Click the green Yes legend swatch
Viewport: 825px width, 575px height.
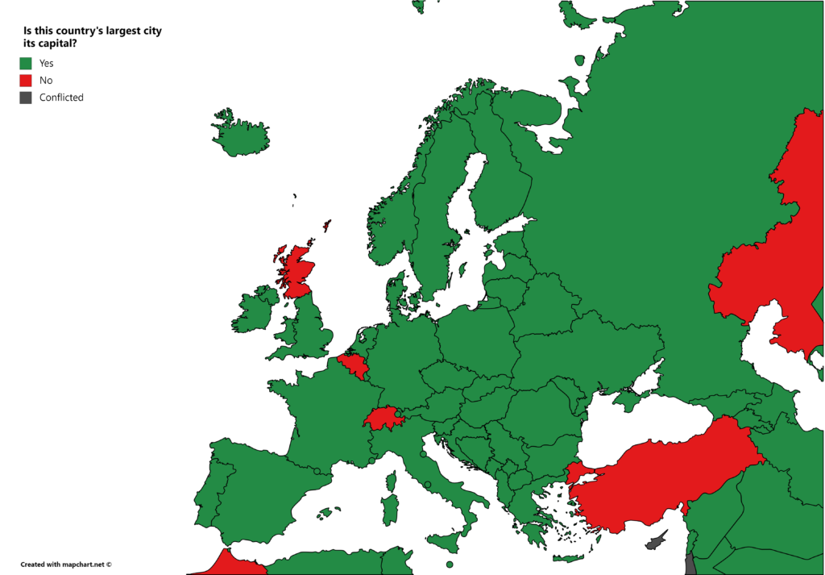point(26,63)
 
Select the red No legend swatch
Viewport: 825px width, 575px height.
point(26,80)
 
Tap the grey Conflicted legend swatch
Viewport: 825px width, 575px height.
point(26,98)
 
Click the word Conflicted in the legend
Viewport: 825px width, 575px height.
point(61,98)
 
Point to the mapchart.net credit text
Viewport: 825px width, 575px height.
point(66,565)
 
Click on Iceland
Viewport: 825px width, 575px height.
point(240,135)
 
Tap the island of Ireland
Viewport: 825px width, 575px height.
point(255,310)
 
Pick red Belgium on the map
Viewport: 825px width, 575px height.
point(354,365)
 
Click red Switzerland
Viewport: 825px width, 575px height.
point(383,419)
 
